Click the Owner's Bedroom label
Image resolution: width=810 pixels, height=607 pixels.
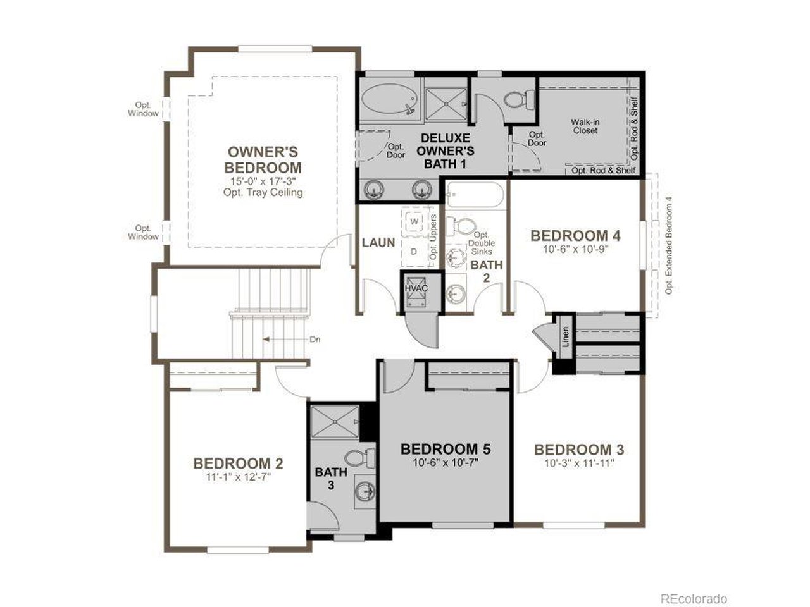263,160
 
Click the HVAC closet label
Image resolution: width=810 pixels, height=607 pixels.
416,288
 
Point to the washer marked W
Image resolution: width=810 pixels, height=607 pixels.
415,221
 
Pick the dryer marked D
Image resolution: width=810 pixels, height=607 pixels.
414,251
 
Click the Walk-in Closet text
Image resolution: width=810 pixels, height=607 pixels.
585,126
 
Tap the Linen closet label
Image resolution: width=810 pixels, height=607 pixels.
566,336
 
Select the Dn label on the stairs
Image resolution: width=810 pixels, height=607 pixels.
315,340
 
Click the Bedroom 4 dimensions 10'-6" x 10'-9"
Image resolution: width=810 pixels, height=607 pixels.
575,249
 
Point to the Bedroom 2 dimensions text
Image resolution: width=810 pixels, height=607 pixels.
238,477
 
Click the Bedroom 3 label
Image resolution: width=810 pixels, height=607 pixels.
579,450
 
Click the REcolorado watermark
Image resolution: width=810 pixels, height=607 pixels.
694,598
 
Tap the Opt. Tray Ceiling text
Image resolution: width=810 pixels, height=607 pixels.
263,192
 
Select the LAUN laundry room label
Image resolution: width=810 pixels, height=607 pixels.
378,242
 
